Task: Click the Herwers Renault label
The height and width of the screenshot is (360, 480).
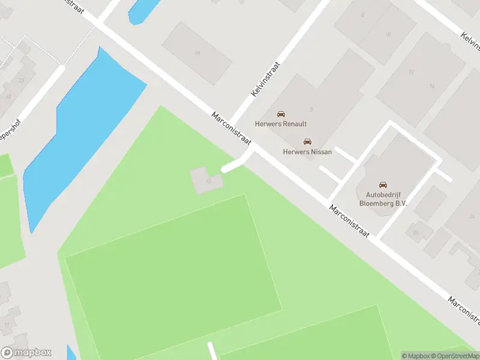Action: pos(281,124)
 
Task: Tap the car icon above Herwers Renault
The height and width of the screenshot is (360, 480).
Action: pos(281,113)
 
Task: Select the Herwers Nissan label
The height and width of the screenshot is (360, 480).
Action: pos(307,152)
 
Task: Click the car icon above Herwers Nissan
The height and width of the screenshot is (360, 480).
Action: pos(307,142)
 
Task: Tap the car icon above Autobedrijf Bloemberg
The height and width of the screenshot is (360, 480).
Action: pos(383,185)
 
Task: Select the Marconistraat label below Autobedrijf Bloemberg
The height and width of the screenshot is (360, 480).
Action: pos(349,220)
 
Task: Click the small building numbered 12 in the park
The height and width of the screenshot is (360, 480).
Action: pos(206,180)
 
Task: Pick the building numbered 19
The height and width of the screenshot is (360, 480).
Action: pos(197,53)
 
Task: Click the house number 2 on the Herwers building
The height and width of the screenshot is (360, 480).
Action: pos(311,109)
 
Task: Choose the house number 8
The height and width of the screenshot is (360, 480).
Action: pos(362,14)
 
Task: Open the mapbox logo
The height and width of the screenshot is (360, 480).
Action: pos(26,353)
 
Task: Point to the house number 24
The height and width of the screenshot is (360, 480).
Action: pos(472,216)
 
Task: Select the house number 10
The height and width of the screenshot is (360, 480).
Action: pos(388,34)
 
